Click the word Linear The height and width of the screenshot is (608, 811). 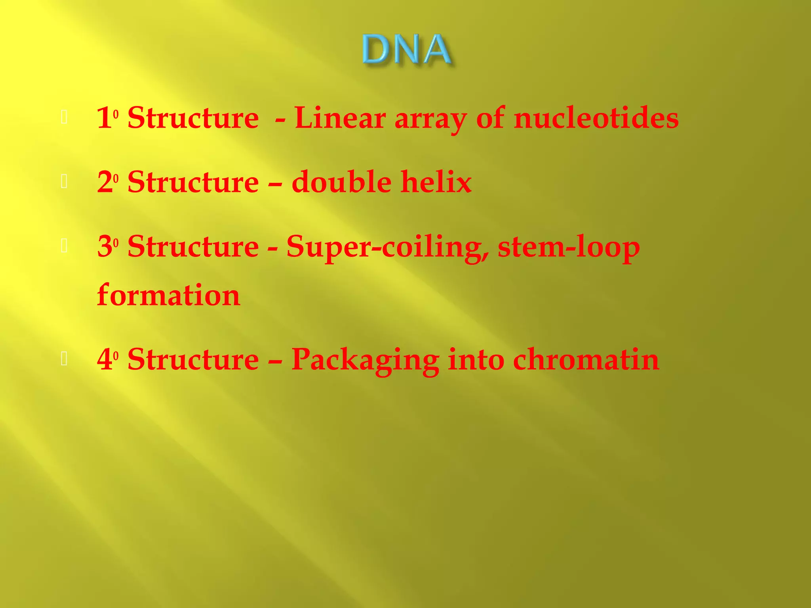(340, 118)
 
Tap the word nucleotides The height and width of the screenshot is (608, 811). (596, 118)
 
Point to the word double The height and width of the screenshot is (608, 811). (341, 182)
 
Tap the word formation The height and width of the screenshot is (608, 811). (168, 295)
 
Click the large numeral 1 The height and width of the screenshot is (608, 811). (104, 118)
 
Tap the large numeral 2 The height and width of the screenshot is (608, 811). (104, 182)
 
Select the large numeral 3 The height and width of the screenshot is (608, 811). (104, 247)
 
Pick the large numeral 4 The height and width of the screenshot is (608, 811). (104, 359)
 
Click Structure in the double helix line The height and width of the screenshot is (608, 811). (193, 182)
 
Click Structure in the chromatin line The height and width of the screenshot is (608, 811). (193, 359)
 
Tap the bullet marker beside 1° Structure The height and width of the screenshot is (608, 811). (64, 118)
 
